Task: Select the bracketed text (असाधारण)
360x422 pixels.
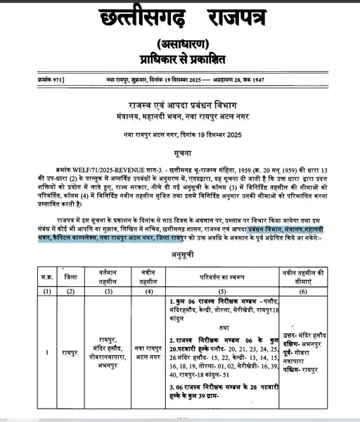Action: tap(180, 42)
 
